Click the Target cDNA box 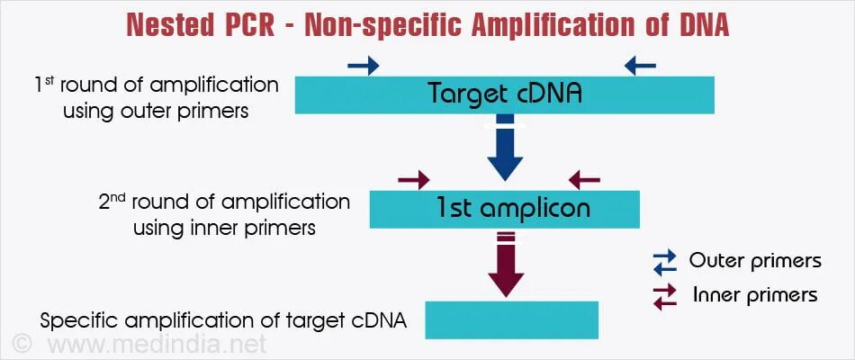coord(504,94)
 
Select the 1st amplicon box coord(504,209)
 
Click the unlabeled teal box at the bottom coord(511,319)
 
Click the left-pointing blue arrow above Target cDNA coord(640,65)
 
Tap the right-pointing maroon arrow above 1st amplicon coord(414,180)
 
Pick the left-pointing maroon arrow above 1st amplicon coord(584,180)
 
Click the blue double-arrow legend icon coord(664,262)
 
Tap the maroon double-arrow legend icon coord(664,296)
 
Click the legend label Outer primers coord(755,261)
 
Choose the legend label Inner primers coord(755,295)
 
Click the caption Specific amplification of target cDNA coord(223,320)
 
